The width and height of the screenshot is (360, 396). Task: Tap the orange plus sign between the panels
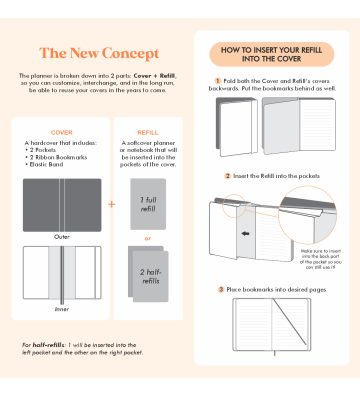(111, 204)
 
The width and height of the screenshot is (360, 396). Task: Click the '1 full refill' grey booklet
(148, 204)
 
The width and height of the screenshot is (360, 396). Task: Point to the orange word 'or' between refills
(148, 238)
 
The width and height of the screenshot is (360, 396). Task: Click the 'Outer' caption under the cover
(62, 236)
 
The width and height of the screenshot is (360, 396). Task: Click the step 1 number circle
(218, 80)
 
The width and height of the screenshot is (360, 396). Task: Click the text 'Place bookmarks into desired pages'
(274, 289)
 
